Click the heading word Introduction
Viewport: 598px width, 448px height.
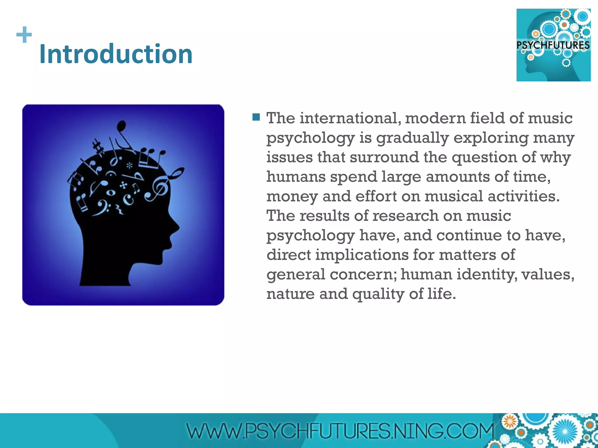[x=116, y=54]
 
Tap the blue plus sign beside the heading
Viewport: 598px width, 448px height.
[x=24, y=35]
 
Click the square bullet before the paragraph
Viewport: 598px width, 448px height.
[x=256, y=117]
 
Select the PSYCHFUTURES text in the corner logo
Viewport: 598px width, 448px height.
[x=553, y=45]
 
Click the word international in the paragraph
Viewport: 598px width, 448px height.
[x=350, y=118]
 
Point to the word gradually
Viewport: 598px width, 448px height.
[x=412, y=138]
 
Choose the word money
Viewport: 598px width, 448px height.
[x=292, y=196]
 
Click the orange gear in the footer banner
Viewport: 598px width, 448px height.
[x=510, y=421]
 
